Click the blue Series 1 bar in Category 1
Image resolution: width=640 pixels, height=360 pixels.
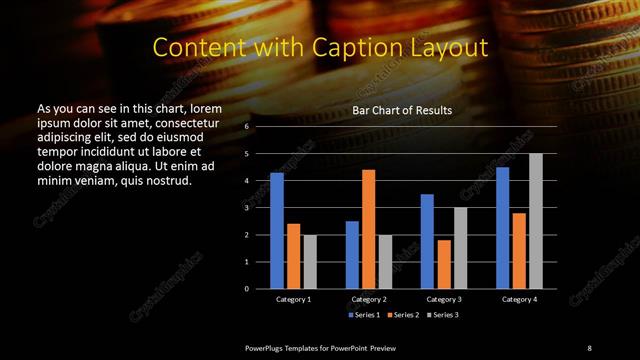[x=277, y=231]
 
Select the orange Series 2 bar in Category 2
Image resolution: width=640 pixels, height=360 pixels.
[x=368, y=229]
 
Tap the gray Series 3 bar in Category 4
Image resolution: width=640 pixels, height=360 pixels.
[x=535, y=221]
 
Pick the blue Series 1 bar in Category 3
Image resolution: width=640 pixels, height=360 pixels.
[x=427, y=241]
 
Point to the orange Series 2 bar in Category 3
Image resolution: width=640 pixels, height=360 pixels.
[x=443, y=264]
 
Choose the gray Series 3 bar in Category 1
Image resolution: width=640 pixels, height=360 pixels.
[x=309, y=262]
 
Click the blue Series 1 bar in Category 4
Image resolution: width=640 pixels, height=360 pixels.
[x=502, y=228]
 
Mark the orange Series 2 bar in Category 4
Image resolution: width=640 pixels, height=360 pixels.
[x=519, y=250]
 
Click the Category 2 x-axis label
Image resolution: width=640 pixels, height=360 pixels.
[x=369, y=299]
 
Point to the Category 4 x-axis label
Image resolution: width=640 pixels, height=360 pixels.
[x=519, y=299]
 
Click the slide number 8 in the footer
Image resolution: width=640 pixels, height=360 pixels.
[x=589, y=347]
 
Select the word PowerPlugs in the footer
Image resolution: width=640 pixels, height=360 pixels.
[x=269, y=347]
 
